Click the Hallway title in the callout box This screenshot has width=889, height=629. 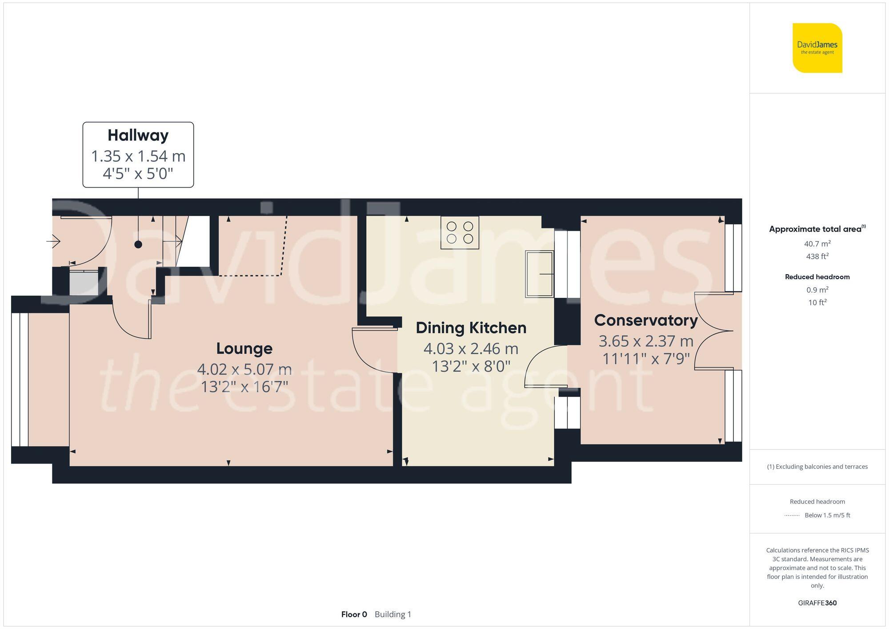coord(138,135)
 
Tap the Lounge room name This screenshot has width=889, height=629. coord(244,349)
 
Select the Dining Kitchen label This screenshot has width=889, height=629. coord(471,328)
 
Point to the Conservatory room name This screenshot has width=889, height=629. coord(646,321)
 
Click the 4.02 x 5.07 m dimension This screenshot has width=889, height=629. coord(244,369)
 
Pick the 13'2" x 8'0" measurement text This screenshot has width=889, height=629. coord(471,366)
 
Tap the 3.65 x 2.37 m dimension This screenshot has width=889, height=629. coord(646,341)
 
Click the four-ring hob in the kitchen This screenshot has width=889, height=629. coord(460,232)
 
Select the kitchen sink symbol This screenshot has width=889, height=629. coord(540,274)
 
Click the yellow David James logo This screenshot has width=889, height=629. coord(817,48)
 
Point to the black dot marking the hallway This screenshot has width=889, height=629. coord(138,244)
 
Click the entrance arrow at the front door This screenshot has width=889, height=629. coord(53,241)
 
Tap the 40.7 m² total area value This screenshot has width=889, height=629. coord(817,244)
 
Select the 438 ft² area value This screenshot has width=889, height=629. coord(817,256)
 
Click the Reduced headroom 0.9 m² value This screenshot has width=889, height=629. coord(817,290)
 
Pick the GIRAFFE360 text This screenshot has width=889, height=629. coord(817,603)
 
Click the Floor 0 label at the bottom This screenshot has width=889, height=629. coord(354,614)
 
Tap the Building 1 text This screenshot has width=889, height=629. coord(393,614)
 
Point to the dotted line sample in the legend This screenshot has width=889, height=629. coord(792,516)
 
